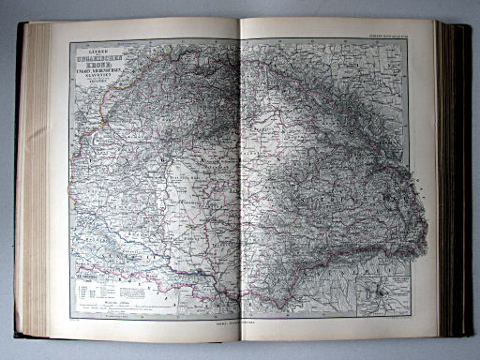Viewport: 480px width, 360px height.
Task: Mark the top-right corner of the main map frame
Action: click(x=409, y=39)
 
